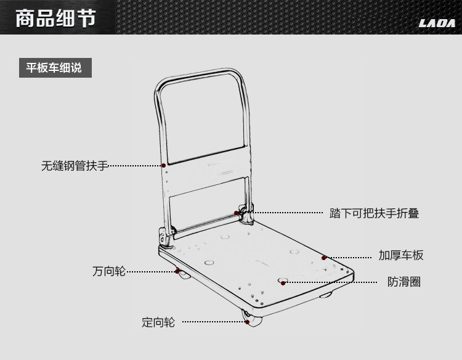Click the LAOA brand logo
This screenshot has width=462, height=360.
[437, 23]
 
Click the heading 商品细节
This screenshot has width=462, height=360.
[55, 18]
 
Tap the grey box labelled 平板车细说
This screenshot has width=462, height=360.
[55, 68]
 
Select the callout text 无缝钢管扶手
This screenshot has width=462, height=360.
[75, 166]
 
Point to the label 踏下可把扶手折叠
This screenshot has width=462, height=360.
[374, 213]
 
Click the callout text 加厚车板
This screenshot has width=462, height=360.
[401, 255]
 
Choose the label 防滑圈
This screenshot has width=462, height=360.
[404, 282]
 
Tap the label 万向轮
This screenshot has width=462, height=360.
[109, 271]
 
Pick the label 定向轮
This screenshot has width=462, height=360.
[158, 322]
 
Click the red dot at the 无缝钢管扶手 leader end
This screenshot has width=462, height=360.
[163, 166]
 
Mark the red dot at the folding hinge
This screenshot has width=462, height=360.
[237, 213]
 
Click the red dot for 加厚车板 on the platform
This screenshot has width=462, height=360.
[324, 258]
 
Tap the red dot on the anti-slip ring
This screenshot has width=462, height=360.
[283, 283]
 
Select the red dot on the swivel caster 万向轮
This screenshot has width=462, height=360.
[177, 271]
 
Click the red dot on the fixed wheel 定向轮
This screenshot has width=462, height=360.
[248, 322]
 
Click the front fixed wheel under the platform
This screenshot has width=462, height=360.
[253, 319]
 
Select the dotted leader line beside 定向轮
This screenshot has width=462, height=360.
[214, 322]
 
